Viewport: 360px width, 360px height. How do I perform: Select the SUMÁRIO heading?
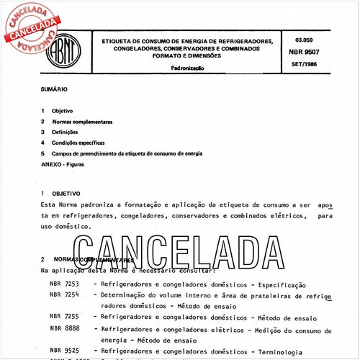55,93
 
